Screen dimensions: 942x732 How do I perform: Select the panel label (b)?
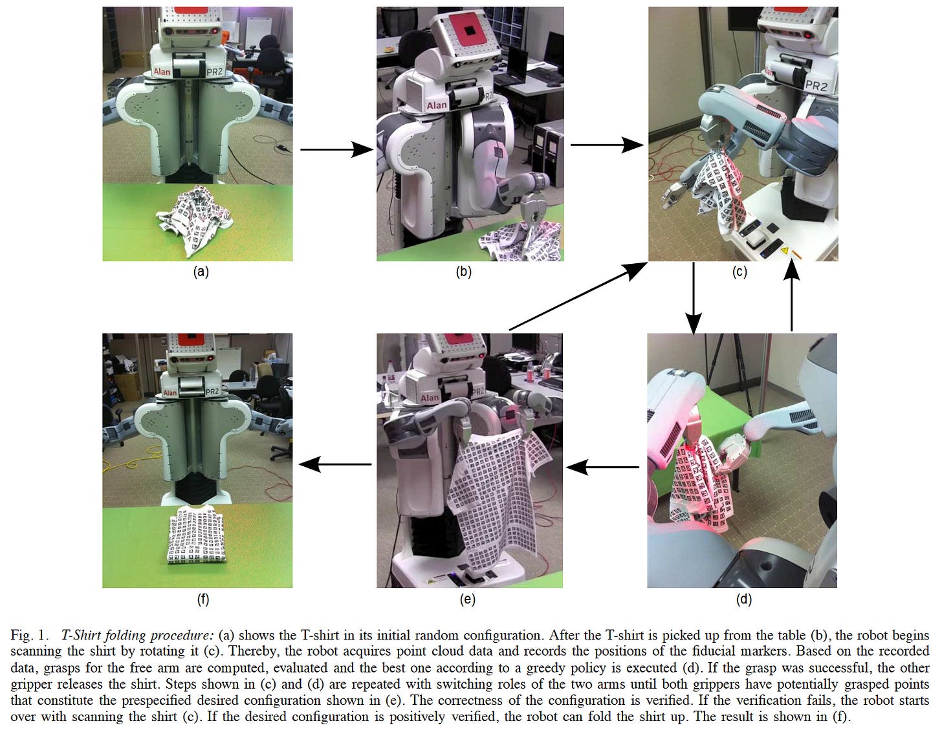(x=463, y=272)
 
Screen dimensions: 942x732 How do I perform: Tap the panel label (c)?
(x=739, y=272)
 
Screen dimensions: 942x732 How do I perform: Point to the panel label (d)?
(x=743, y=599)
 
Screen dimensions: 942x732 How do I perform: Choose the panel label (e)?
(x=467, y=599)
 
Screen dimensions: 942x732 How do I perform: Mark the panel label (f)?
(x=203, y=599)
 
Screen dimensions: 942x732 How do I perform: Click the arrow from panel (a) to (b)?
(x=336, y=150)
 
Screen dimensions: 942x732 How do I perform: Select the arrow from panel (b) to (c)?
(x=606, y=145)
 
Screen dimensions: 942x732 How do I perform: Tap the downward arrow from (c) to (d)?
(x=694, y=298)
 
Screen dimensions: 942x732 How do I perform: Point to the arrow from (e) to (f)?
(x=334, y=464)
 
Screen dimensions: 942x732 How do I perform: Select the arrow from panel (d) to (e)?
(x=603, y=467)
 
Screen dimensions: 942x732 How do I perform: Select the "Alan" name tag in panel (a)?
(x=162, y=72)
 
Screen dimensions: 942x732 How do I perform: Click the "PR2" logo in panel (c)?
(x=816, y=85)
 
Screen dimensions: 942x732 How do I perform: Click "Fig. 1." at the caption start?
(x=30, y=636)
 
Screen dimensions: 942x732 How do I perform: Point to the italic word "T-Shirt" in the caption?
(x=82, y=636)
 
